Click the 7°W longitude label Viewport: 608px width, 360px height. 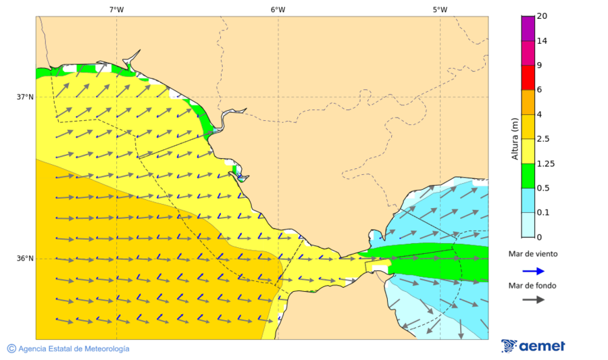coord(116,9)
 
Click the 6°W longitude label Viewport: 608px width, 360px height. coord(278,9)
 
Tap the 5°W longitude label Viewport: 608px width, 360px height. coord(440,9)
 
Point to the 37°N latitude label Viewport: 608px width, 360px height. coord(25,97)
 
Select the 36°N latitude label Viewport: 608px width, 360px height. coord(25,259)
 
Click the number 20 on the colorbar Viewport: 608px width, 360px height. coord(542,16)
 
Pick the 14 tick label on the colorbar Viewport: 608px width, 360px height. coord(542,41)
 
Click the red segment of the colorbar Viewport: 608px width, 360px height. coord(528,77)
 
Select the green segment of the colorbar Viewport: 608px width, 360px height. coord(528,175)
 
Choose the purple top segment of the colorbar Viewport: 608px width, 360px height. coord(528,28)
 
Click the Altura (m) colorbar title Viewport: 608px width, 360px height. coord(515,138)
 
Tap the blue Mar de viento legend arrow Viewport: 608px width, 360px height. coord(533,272)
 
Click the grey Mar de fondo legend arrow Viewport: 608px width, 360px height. coord(533,299)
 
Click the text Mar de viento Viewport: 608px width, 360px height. coord(533,254)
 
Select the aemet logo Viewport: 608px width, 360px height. coord(533,346)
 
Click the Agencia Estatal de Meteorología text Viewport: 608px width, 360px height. coord(74,349)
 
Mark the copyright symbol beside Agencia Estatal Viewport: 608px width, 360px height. coord(11,349)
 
